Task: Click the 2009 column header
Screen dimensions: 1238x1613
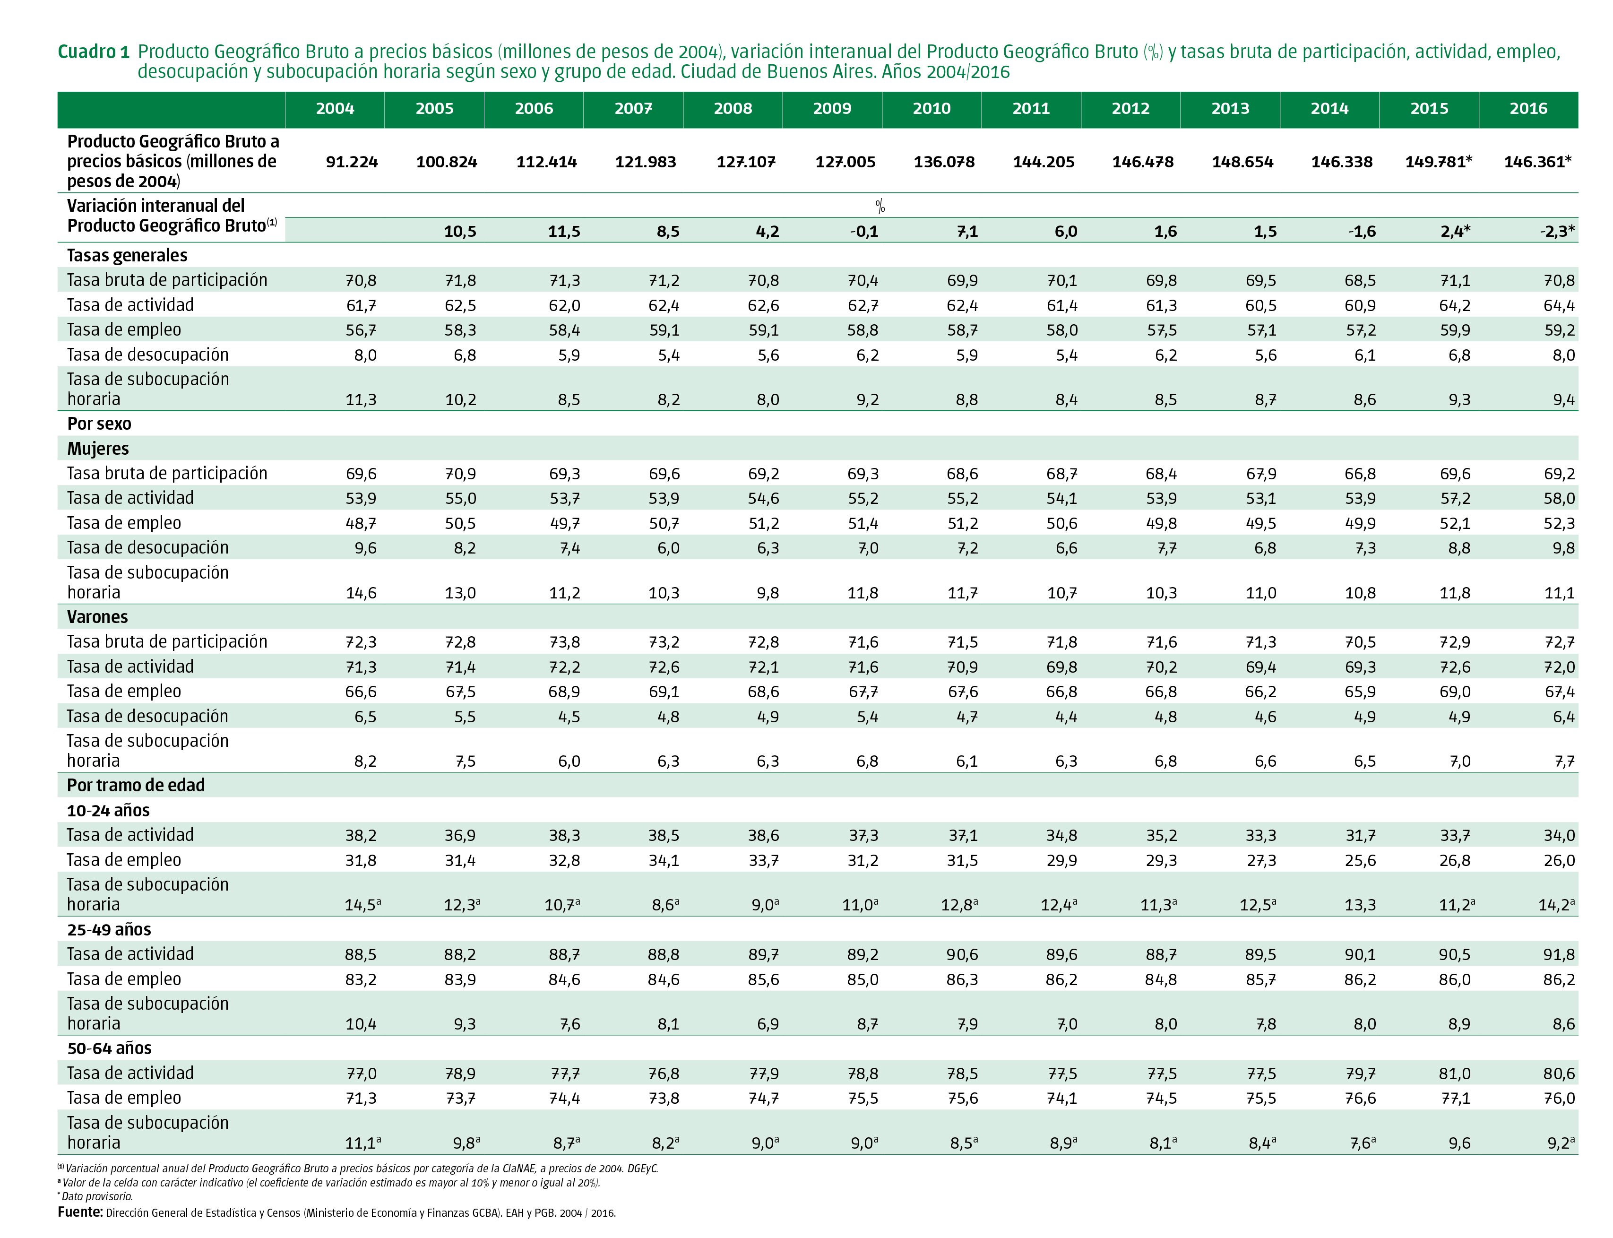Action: (x=831, y=108)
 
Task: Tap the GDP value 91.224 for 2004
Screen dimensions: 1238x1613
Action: (x=352, y=162)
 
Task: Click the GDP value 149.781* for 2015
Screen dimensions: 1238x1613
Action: (x=1438, y=162)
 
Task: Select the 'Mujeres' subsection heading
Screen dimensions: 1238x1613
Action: (x=97, y=449)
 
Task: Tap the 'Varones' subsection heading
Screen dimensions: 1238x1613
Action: (x=97, y=617)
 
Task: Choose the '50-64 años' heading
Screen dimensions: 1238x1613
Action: (x=109, y=1048)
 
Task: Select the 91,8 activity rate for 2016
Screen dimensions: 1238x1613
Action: (x=1559, y=955)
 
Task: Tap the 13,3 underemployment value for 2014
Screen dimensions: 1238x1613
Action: (x=1360, y=905)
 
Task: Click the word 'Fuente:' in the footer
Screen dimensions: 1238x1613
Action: (x=79, y=1212)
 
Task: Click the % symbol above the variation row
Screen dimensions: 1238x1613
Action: (x=880, y=206)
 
